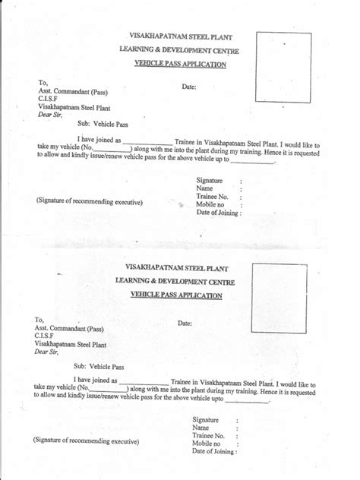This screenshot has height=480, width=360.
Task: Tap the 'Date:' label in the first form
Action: tap(190, 87)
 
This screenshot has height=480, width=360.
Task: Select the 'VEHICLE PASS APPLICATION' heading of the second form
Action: tap(176, 294)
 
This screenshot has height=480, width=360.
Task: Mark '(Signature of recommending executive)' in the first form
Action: tap(88, 201)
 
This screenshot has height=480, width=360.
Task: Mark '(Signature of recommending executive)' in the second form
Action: tap(85, 440)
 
